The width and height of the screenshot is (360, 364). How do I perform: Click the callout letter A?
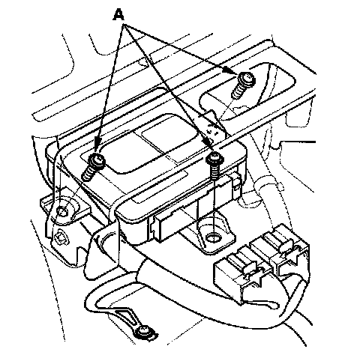118,14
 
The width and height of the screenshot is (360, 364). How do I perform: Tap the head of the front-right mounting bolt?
214,158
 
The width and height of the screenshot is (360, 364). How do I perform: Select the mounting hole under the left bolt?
61,212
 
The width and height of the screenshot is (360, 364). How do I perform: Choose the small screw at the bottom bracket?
144,330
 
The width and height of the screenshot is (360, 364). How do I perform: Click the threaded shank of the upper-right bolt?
238,91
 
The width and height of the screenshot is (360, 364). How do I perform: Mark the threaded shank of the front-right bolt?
214,171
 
